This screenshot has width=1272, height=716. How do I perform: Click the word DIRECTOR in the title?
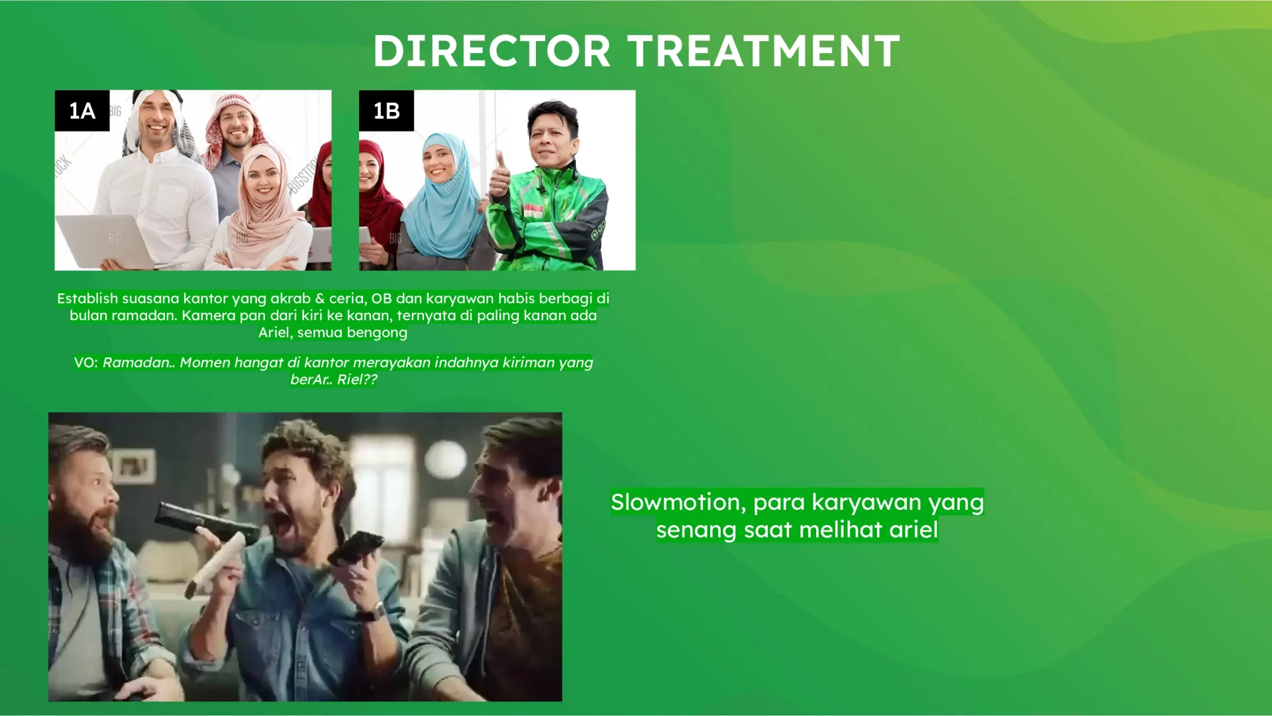tap(492, 51)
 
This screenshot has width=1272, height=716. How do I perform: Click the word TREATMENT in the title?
tap(764, 51)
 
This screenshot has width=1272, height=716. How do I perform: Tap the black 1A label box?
tap(82, 111)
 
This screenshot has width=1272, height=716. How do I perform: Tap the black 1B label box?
tap(386, 111)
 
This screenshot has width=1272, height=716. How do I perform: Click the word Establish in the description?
tap(87, 298)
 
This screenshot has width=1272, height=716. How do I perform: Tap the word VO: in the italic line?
tap(86, 363)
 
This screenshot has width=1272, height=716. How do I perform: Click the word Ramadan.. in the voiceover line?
tap(139, 363)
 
